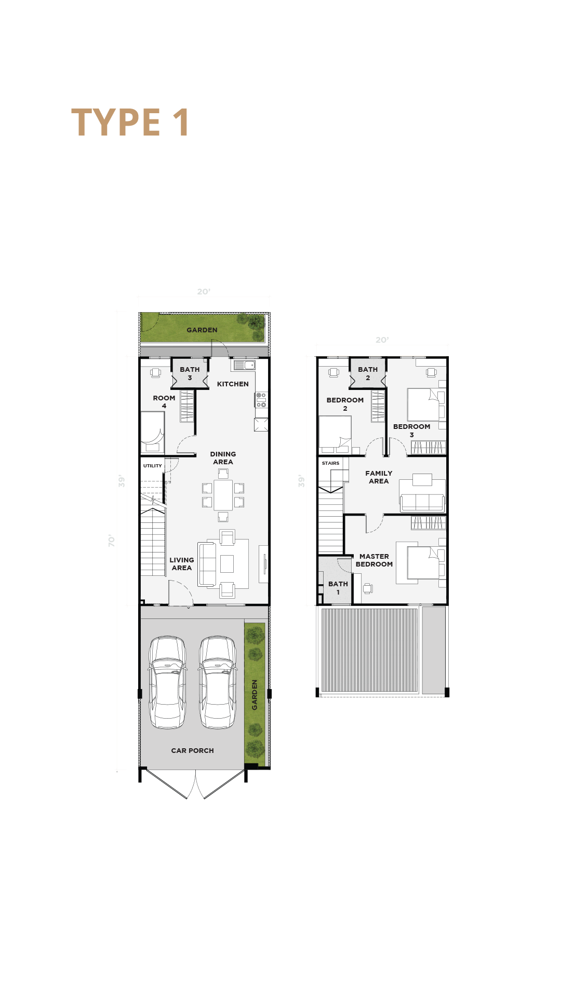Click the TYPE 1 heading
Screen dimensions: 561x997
coord(130,123)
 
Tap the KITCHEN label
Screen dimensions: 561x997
coord(233,384)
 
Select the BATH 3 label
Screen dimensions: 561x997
coord(190,373)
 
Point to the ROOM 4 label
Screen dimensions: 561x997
coord(164,402)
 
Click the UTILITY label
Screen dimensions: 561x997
coord(153,466)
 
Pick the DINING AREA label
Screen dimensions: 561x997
coord(223,458)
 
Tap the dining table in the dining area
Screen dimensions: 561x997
coord(223,495)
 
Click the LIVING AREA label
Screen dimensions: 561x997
coord(182,564)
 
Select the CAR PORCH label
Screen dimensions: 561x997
coord(193,750)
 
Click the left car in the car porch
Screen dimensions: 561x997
coord(167,682)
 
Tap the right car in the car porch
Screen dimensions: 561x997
coord(218,682)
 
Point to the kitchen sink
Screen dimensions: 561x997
coord(244,365)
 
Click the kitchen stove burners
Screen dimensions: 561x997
coord(261,400)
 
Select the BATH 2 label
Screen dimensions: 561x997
coord(368,373)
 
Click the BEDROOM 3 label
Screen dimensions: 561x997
coord(412,430)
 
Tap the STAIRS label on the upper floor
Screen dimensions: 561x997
coord(330,463)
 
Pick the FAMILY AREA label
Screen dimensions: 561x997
coord(379,477)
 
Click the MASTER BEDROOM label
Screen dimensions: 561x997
coord(374,560)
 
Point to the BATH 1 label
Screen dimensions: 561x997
coord(338,588)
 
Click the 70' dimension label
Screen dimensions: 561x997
coord(112,541)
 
